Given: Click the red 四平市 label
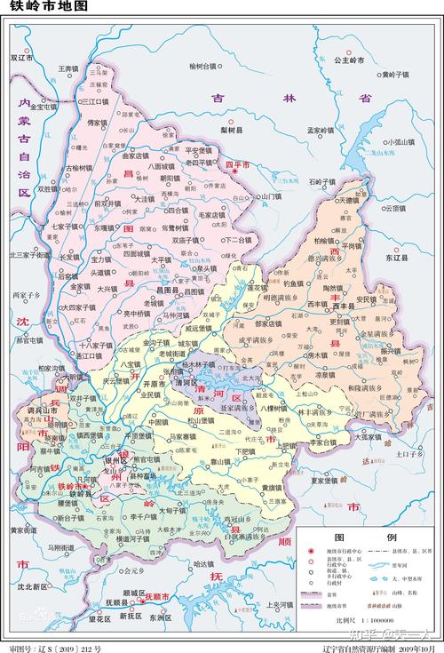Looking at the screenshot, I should click(238, 165).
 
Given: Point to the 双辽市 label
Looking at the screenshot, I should click(20, 58).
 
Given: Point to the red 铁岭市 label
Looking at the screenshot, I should click(71, 487).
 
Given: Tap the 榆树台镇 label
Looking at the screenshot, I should click(203, 67).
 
